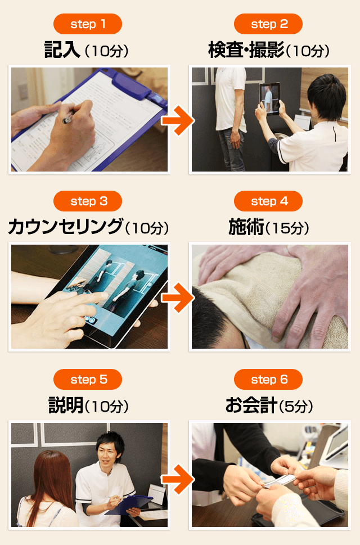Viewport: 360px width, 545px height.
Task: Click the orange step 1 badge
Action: coord(88,24)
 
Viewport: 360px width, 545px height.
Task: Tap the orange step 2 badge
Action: coord(268,24)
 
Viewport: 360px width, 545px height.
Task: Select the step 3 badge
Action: coord(88,201)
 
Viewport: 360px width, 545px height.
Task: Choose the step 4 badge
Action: coord(268,201)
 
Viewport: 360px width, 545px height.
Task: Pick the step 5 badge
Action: coord(88,379)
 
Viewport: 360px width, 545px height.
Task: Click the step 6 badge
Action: coord(268,379)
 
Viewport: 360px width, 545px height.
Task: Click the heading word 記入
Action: coord(62,49)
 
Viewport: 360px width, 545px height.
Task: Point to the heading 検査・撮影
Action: coord(246,49)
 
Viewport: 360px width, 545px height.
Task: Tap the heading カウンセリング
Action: coord(66,227)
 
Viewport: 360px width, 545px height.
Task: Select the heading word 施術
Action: coord(246,227)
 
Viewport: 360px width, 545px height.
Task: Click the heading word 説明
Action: coord(66,406)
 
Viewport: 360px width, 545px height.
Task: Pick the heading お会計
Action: coord(251,406)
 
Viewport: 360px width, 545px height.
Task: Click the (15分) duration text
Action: coord(287,228)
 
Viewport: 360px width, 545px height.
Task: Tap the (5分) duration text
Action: coord(296,406)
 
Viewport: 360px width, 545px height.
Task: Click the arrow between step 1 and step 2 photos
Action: coord(178,120)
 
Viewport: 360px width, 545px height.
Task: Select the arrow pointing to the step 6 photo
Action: coord(178,479)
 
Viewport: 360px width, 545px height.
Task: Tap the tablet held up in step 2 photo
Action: coord(269,99)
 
